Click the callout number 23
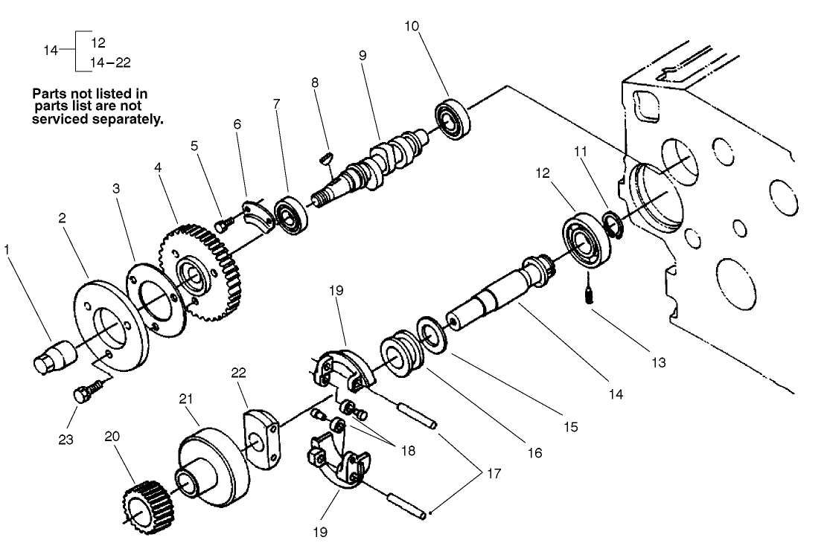[66, 440]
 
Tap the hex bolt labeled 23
[86, 391]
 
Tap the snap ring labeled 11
[612, 222]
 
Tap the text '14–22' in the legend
[110, 63]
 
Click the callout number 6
[237, 125]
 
